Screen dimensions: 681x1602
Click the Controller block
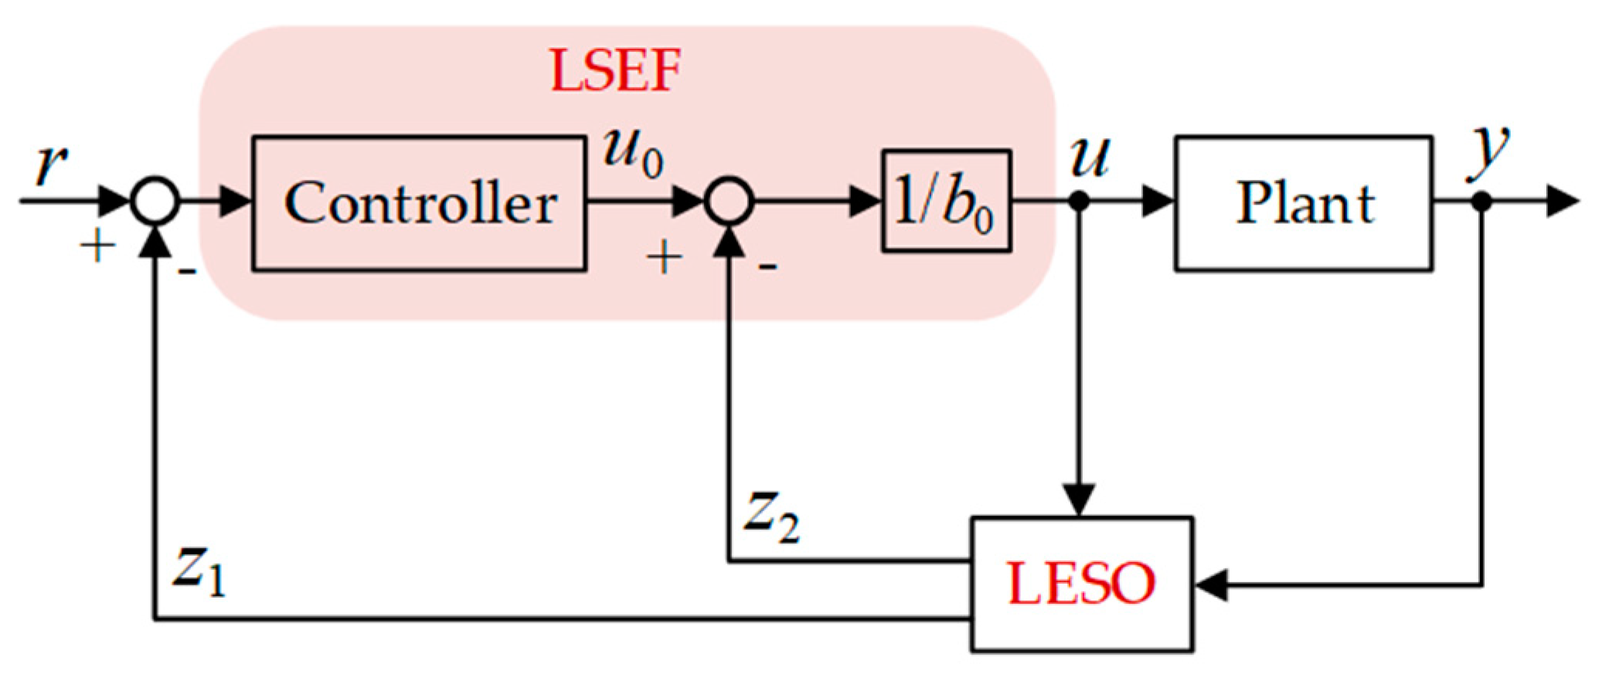(419, 204)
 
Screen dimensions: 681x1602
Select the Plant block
(1303, 204)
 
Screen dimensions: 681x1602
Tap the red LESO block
(1081, 584)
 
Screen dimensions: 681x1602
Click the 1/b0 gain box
(946, 201)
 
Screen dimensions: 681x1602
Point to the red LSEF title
(615, 71)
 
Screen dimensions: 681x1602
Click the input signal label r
(51, 164)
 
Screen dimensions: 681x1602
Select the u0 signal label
(632, 151)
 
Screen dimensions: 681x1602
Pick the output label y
(1488, 150)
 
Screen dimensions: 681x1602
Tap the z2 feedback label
(770, 515)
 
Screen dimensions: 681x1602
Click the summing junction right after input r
(155, 202)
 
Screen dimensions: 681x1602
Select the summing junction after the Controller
(728, 202)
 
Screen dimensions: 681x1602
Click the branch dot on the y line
(1481, 202)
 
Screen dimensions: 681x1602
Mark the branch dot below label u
(1079, 202)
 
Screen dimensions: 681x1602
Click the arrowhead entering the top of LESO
(1079, 500)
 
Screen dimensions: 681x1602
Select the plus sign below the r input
(98, 248)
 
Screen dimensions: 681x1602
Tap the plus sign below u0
(664, 257)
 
